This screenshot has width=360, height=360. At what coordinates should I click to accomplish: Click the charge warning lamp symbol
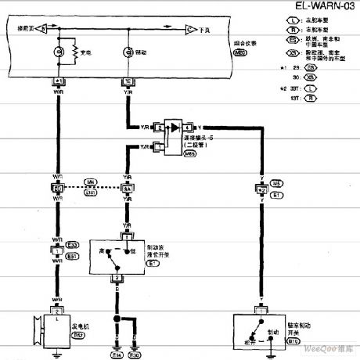[59, 52]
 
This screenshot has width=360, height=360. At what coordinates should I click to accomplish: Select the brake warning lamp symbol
[127, 52]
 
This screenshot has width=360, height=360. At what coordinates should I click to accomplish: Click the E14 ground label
[117, 355]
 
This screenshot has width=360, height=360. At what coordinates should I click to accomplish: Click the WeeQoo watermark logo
[328, 353]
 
